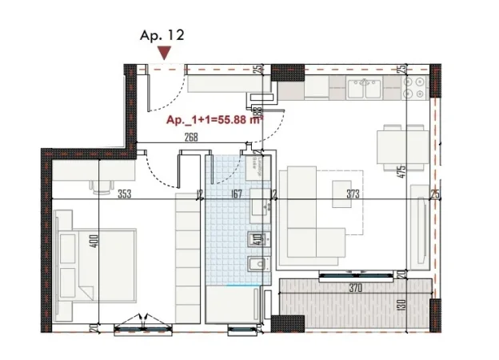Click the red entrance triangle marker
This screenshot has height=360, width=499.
tap(164, 53)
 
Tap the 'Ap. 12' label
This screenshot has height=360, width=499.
tap(162, 34)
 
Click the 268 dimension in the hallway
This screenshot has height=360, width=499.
tap(190, 137)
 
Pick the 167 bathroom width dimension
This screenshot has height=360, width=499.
tap(235, 194)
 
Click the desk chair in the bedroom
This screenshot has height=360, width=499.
tap(102, 186)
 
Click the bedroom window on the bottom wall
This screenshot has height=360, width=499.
tap(142, 325)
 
